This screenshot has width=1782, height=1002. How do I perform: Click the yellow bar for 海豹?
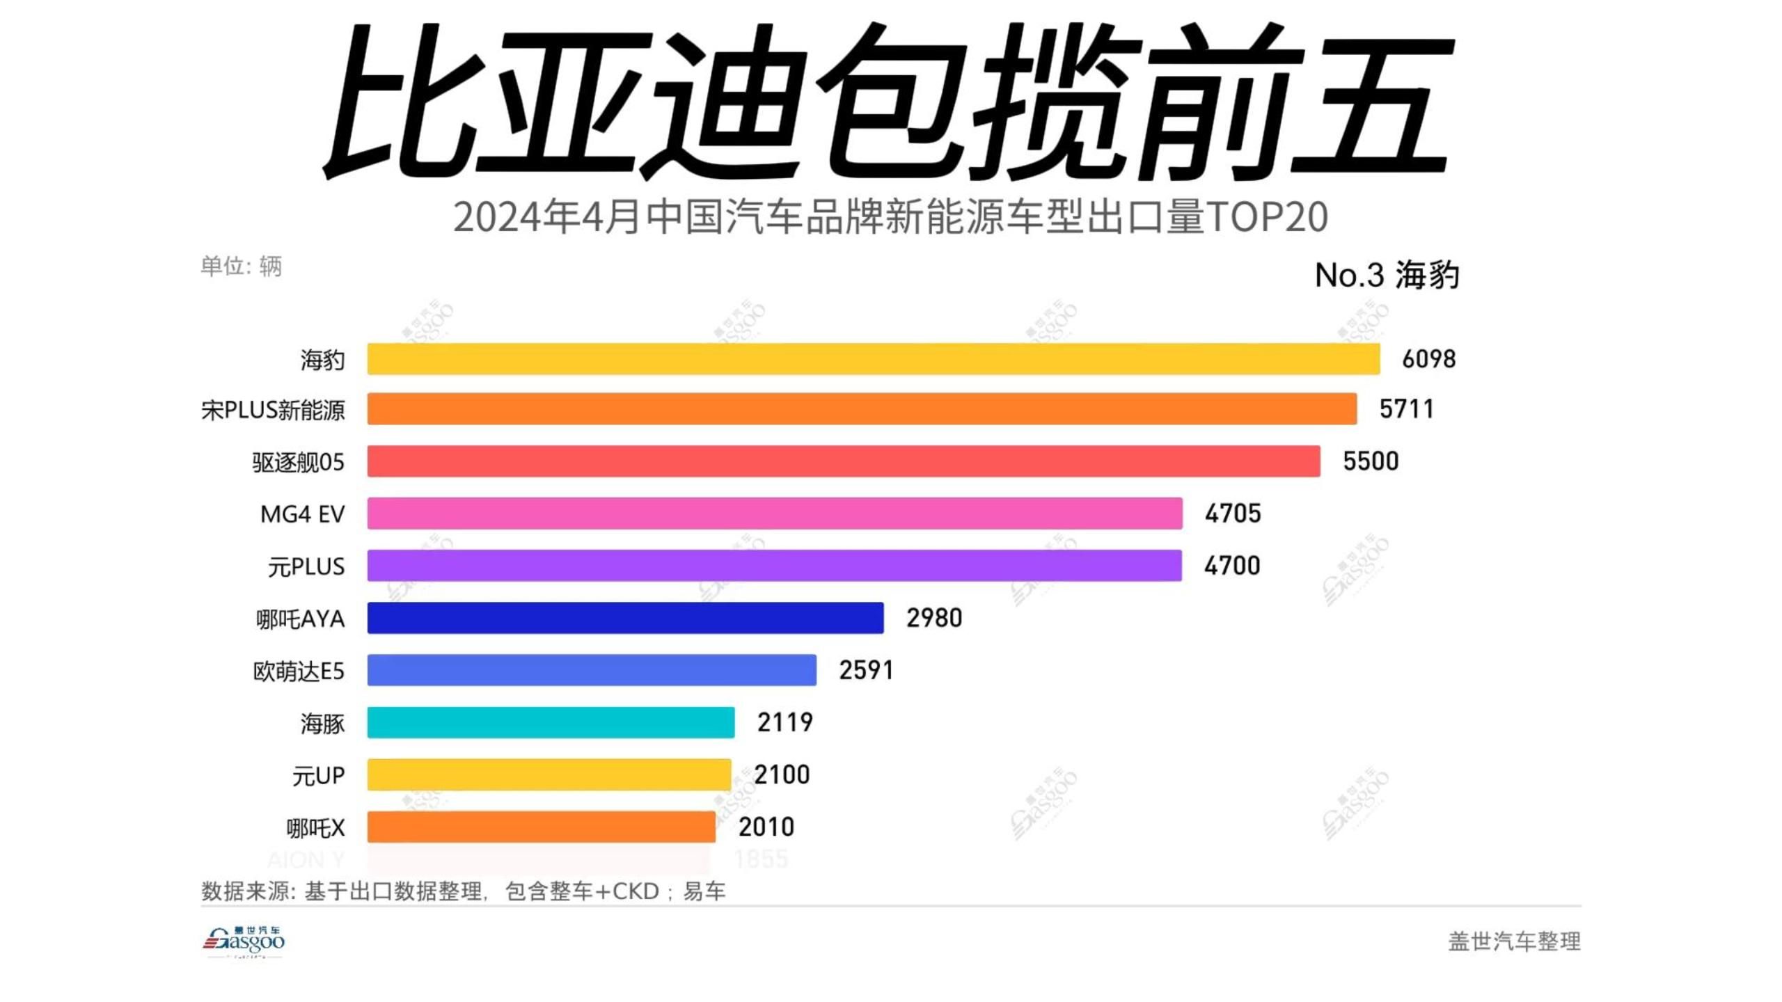(x=874, y=359)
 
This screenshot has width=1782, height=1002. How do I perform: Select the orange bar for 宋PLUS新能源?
(x=862, y=409)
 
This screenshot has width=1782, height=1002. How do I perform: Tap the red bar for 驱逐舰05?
(x=844, y=461)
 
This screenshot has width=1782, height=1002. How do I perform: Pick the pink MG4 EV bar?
(x=775, y=514)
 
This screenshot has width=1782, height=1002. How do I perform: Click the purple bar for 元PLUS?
(x=774, y=566)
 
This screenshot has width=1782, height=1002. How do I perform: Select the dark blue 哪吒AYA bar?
(x=625, y=618)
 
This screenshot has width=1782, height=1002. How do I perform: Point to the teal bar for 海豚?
(x=551, y=722)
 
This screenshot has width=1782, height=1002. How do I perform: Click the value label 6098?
(x=1428, y=359)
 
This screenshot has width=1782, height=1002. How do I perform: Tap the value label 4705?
(x=1233, y=514)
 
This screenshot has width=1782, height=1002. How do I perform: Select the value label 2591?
(x=866, y=670)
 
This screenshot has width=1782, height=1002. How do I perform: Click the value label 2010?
(x=766, y=827)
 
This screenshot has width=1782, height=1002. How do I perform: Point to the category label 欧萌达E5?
(x=299, y=671)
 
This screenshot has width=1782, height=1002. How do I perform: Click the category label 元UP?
(x=318, y=775)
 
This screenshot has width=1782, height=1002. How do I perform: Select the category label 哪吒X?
(x=315, y=828)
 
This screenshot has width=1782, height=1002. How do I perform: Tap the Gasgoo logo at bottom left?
(x=244, y=941)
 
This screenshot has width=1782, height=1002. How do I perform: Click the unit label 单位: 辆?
(x=241, y=266)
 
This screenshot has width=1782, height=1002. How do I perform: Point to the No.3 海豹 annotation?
(x=1387, y=275)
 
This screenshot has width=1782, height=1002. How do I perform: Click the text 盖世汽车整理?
(x=1514, y=941)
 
